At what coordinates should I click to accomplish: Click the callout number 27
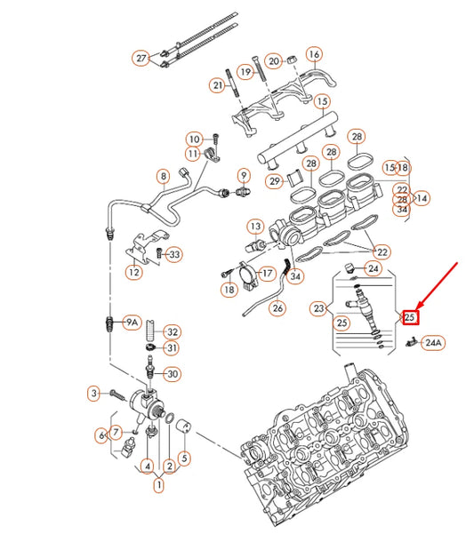pos(141,59)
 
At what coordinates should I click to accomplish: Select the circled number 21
pos(217,85)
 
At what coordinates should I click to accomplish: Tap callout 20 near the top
pos(274,60)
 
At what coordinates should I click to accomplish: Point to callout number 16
pos(313,55)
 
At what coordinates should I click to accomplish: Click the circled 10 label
pos(194,139)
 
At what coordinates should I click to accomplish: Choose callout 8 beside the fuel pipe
pos(163,175)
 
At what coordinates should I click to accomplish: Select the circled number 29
pos(275,181)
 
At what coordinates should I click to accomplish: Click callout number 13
pos(255,227)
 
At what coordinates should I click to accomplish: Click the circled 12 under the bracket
pos(133,272)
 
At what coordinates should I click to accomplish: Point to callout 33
pos(174,255)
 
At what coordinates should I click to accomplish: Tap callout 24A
pos(432,341)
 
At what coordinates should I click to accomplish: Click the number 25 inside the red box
pos(410,316)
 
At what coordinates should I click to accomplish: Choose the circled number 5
pos(184,458)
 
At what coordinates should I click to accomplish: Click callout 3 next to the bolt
pos(92,392)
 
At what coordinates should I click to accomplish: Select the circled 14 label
pos(422,199)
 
